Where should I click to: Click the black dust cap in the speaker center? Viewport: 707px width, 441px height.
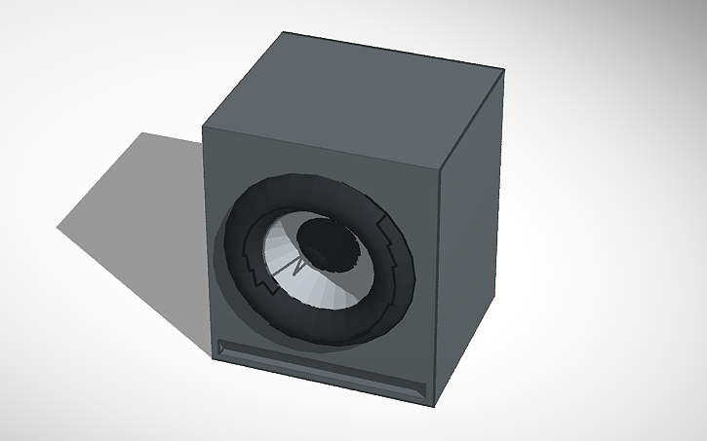[329, 244]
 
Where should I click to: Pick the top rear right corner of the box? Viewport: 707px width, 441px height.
[504, 71]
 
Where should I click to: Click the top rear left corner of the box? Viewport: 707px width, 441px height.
[284, 32]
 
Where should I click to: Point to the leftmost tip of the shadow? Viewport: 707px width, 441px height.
[56, 228]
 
